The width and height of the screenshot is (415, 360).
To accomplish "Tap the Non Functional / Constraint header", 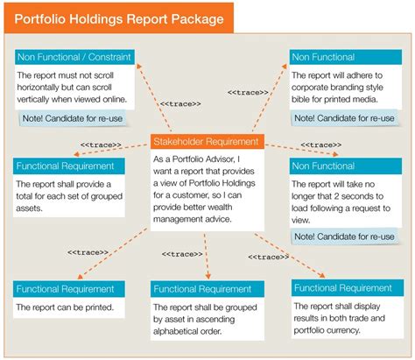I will coord(74,57).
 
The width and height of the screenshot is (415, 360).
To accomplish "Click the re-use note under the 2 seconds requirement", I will coord(345,236).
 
